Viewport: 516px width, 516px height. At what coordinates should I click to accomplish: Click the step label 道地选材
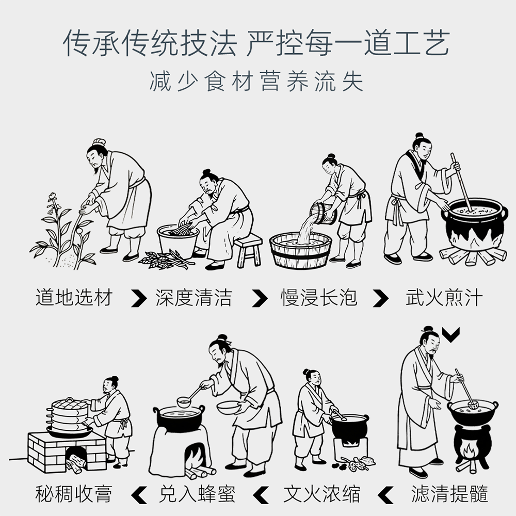[74, 298]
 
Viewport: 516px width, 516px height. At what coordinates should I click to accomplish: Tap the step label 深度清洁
[193, 298]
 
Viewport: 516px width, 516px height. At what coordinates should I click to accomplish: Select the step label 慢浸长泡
[319, 298]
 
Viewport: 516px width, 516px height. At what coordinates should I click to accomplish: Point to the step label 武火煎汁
[444, 298]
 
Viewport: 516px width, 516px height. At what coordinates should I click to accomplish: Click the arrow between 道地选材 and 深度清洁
[138, 298]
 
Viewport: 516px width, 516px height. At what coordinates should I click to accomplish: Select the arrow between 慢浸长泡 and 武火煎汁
[381, 298]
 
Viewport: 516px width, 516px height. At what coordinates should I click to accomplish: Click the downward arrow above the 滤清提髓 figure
[451, 335]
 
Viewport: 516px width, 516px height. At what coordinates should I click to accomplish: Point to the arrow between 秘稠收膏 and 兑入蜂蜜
[138, 494]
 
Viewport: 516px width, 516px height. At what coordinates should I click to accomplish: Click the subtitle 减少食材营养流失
[256, 82]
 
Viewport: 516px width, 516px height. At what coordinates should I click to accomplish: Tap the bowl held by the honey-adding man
[229, 408]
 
